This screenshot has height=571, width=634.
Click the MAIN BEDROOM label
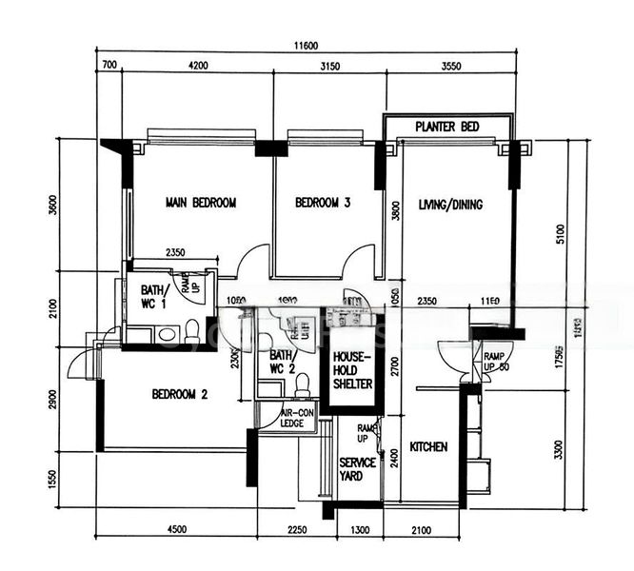[x=200, y=203]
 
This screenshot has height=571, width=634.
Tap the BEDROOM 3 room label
[x=323, y=203]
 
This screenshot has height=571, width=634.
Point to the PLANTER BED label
[x=446, y=127]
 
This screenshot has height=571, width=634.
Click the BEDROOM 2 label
[x=179, y=394]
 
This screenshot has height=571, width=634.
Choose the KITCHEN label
[x=428, y=446]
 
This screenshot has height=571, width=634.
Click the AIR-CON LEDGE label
[x=297, y=419]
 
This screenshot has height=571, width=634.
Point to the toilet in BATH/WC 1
[x=192, y=332]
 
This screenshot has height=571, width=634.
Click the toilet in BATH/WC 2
[x=303, y=385]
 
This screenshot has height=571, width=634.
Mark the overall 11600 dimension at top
[x=306, y=46]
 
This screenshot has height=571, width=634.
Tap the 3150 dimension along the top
[x=329, y=66]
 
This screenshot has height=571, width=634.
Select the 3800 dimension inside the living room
[x=396, y=210]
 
